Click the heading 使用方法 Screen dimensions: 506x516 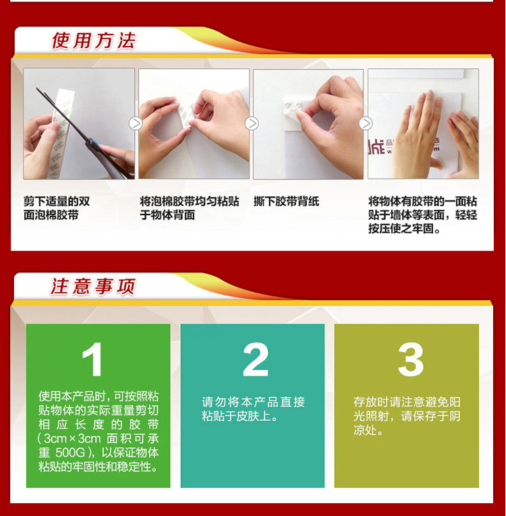click(94, 40)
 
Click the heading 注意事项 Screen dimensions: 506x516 click(93, 286)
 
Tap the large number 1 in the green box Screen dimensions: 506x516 click(92, 359)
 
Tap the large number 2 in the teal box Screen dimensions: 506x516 click(256, 359)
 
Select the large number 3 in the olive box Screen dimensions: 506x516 click(410, 359)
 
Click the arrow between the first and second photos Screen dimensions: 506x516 click(136, 123)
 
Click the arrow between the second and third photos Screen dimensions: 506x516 click(252, 123)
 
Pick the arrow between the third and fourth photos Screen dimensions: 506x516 click(366, 123)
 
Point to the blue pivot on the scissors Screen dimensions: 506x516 click(94, 142)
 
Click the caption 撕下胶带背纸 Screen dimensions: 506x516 click(287, 201)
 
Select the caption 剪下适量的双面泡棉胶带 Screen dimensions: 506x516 click(57, 208)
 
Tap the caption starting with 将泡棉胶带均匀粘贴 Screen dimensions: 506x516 click(190, 208)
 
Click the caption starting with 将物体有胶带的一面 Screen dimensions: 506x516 click(423, 215)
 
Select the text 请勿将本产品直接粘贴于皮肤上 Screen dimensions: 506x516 click(253, 409)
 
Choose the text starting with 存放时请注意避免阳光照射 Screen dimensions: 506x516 click(407, 416)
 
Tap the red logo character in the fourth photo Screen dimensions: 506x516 click(376, 146)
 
